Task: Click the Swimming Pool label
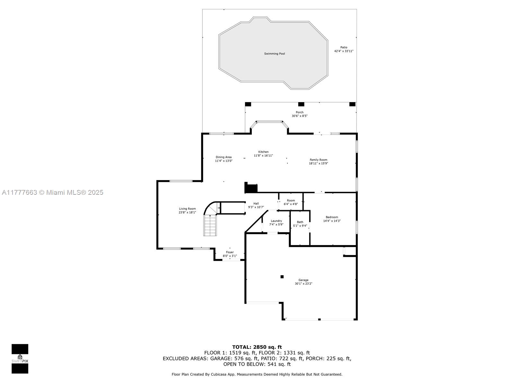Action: pyautogui.click(x=274, y=54)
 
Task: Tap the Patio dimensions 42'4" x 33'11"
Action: pyautogui.click(x=343, y=51)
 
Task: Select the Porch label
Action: pyautogui.click(x=299, y=112)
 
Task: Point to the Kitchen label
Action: pyautogui.click(x=263, y=152)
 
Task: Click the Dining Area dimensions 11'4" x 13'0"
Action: pyautogui.click(x=224, y=161)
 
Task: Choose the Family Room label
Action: pyautogui.click(x=318, y=160)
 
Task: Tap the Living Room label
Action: pyautogui.click(x=187, y=209)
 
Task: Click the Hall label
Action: pyautogui.click(x=256, y=204)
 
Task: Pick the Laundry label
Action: pyautogui.click(x=276, y=221)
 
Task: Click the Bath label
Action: pyautogui.click(x=300, y=222)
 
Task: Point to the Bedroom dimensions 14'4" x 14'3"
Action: pyautogui.click(x=332, y=221)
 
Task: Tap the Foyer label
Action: pyautogui.click(x=230, y=252)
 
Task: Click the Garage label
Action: pyautogui.click(x=303, y=280)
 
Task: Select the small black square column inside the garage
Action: pyautogui.click(x=282, y=277)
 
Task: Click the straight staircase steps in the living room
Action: pyautogui.click(x=210, y=225)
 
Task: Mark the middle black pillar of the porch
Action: pyautogui.click(x=301, y=104)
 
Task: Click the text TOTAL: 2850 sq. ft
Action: pyautogui.click(x=257, y=347)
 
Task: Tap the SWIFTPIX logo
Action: pyautogui.click(x=20, y=359)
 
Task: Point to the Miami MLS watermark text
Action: pyautogui.click(x=53, y=193)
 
